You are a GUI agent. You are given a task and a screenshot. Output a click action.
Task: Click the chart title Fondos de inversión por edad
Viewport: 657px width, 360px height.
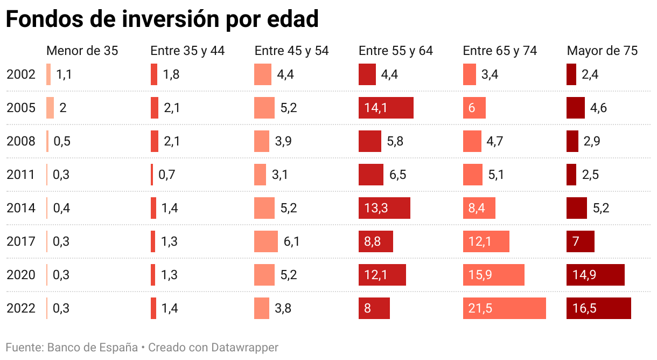coord(162,19)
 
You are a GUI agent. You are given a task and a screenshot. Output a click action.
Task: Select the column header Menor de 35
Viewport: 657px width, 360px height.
coord(82,51)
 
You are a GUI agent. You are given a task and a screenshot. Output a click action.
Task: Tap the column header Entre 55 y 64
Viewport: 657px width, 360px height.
coord(396,51)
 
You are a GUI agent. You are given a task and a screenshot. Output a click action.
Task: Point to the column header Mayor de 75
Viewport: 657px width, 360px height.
coord(602,51)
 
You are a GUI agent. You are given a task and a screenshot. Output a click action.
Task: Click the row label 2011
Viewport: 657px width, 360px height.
coord(21,175)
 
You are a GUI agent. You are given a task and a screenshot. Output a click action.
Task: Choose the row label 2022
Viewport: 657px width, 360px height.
coord(21,308)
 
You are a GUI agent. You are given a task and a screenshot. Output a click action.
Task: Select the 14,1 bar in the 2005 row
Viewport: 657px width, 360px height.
coord(386,108)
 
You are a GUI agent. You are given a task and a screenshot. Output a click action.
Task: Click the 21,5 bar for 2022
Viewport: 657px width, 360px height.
coord(504,308)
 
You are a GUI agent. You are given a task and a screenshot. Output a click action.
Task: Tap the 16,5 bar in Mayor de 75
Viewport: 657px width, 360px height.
coord(598,308)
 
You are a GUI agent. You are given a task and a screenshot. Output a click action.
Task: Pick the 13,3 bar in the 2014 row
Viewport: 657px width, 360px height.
coord(385,208)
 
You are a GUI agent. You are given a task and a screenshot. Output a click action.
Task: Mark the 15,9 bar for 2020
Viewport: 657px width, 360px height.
coord(493,275)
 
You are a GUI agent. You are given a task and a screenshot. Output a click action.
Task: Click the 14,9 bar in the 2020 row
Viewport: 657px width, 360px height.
coord(595,275)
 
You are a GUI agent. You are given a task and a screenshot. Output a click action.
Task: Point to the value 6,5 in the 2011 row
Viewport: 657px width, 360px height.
coord(397,175)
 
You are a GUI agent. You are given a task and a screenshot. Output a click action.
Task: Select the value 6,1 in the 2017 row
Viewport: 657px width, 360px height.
coord(291,241)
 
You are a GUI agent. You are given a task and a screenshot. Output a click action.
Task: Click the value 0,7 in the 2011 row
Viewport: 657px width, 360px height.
coord(167,175)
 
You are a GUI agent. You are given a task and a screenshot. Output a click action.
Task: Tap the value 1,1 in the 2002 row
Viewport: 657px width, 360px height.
coord(64,74)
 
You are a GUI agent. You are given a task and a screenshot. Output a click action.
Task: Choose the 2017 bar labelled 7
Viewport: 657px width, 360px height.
coord(581,241)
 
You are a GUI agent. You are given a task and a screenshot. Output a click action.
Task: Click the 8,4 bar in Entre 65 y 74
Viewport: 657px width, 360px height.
coord(479,208)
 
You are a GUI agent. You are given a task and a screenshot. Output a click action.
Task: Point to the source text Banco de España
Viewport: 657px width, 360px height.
coord(93,347)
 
